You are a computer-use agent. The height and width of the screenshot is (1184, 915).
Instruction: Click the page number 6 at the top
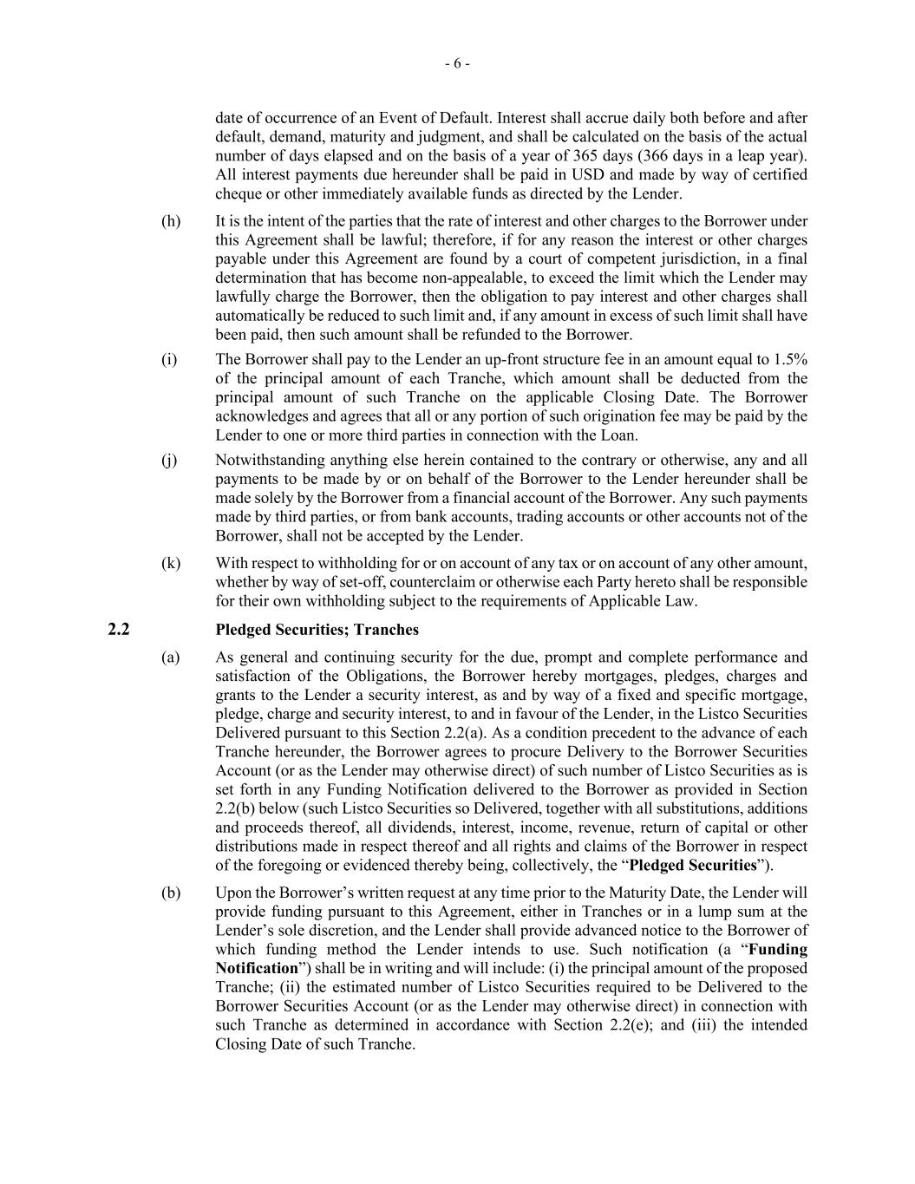[x=457, y=63]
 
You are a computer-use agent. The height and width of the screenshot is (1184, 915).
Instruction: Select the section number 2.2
[x=119, y=630]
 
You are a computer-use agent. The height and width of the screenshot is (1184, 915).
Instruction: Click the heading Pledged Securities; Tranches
[x=317, y=630]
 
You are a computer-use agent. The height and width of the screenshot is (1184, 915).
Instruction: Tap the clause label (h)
[x=171, y=221]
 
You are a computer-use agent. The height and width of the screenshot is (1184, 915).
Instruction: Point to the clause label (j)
[x=169, y=460]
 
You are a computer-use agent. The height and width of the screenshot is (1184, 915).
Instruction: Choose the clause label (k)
[x=171, y=563]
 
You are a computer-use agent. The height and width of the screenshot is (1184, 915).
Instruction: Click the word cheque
[x=238, y=193]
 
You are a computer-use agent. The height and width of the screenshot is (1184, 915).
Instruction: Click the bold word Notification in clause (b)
[x=256, y=968]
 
